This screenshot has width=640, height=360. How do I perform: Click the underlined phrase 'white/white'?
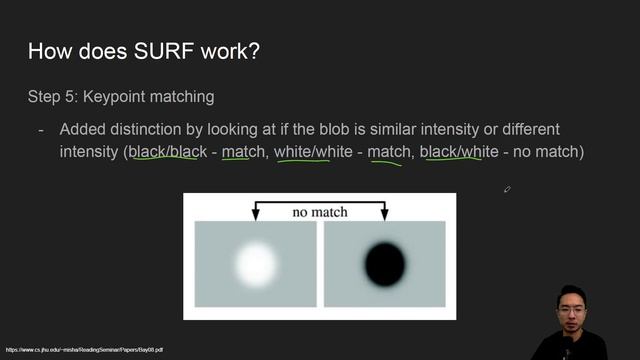[316, 152]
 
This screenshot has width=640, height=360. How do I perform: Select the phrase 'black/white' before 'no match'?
[459, 152]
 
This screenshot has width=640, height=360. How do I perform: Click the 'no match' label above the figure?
[319, 212]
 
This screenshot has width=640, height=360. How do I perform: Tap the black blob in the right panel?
[385, 263]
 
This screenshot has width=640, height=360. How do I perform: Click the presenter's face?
[572, 305]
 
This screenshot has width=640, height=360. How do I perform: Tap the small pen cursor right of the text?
[507, 189]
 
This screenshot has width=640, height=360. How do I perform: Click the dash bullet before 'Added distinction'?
[41, 130]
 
